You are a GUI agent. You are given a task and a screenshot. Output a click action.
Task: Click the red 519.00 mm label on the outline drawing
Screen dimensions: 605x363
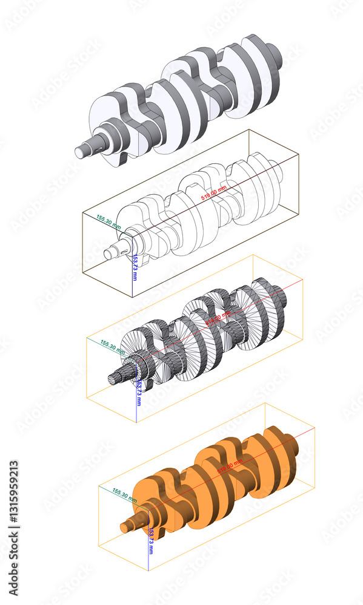(x=214, y=193)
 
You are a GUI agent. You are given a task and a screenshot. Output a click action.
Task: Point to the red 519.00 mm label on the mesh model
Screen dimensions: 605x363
(x=218, y=318)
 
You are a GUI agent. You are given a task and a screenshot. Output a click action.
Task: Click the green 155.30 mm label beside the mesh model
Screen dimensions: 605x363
(x=113, y=347)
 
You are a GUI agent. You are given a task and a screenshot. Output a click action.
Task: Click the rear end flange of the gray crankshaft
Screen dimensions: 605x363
(x=275, y=56)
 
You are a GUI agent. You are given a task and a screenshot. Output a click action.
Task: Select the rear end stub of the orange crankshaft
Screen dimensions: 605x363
(x=295, y=446)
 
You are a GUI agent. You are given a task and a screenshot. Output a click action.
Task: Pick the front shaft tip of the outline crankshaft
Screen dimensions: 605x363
(x=108, y=254)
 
